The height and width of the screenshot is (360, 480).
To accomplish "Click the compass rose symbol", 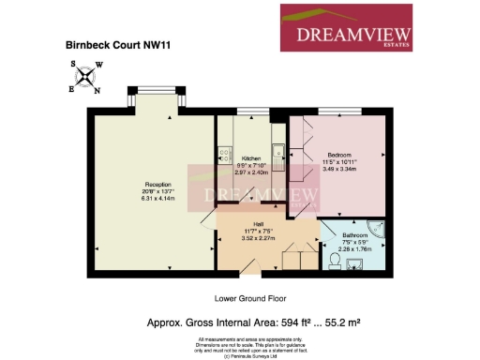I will pyautogui.click(x=86, y=77).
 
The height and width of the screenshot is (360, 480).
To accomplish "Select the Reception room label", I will pyautogui.click(x=130, y=185).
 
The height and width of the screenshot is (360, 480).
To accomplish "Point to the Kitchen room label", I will pyautogui.click(x=250, y=158).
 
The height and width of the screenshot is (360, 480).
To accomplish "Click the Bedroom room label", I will pyautogui.click(x=338, y=154).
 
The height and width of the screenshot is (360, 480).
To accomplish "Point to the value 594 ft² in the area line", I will pyautogui.click(x=282, y=322).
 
